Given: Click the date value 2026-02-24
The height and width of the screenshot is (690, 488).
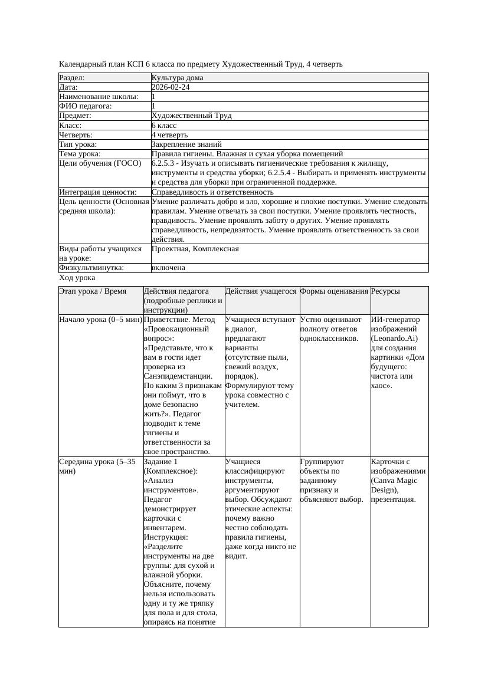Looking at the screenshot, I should coord(171,87).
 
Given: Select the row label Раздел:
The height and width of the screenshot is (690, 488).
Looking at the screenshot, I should coord(72,78).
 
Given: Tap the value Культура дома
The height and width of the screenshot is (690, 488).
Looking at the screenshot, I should coord(177,78).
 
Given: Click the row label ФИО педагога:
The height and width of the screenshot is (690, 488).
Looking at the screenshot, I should coord(86,106).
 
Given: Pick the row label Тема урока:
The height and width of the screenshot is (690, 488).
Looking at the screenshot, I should coord(80,153).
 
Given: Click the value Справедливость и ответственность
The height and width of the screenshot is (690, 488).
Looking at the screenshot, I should coord(212,192).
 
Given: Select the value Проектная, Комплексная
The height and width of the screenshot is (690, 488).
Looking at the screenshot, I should coord(195,249).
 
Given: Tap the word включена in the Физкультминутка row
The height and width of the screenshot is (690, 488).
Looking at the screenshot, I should coord(168,268).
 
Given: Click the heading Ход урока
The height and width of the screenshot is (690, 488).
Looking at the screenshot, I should coord(77,278).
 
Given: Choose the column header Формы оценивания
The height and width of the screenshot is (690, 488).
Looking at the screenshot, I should coord(334,291).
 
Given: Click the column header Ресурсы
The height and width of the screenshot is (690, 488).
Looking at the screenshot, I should coord(385,291).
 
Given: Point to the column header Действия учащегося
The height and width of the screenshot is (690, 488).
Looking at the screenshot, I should coord(261,291).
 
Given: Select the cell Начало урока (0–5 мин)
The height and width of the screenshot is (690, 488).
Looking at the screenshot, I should coord(100,320).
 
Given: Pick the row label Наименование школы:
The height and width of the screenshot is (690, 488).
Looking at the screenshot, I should coord(99,97).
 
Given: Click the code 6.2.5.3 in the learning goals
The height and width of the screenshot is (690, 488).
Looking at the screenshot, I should coord(165,163).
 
